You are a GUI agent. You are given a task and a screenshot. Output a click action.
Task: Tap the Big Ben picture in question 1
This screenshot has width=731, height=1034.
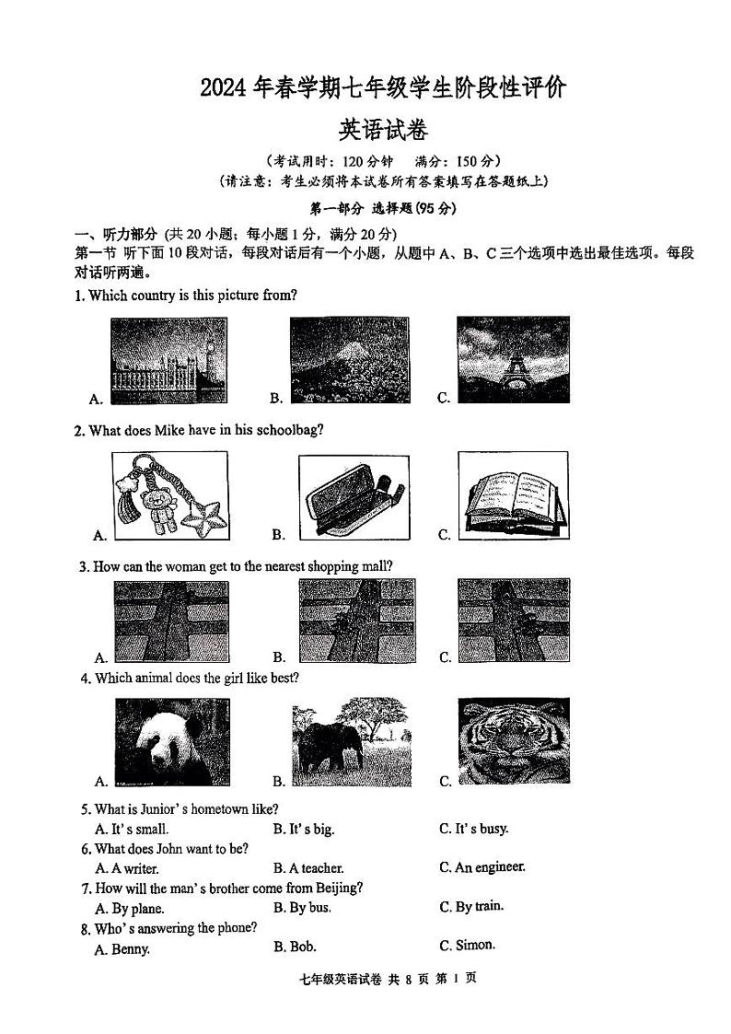tap(168, 360)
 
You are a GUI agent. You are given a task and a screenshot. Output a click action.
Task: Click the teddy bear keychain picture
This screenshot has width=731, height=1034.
tap(168, 494)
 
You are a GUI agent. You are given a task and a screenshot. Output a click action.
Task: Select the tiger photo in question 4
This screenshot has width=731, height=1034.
tap(513, 742)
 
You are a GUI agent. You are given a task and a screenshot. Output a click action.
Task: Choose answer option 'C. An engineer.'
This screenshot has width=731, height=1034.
tap(482, 867)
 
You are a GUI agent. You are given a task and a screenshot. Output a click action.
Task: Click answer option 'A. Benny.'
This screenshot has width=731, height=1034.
tap(122, 949)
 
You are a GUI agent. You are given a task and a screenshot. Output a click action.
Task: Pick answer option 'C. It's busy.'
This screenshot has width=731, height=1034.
tap(473, 829)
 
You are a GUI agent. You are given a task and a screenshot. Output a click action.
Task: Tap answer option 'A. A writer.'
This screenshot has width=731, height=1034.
tap(127, 868)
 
